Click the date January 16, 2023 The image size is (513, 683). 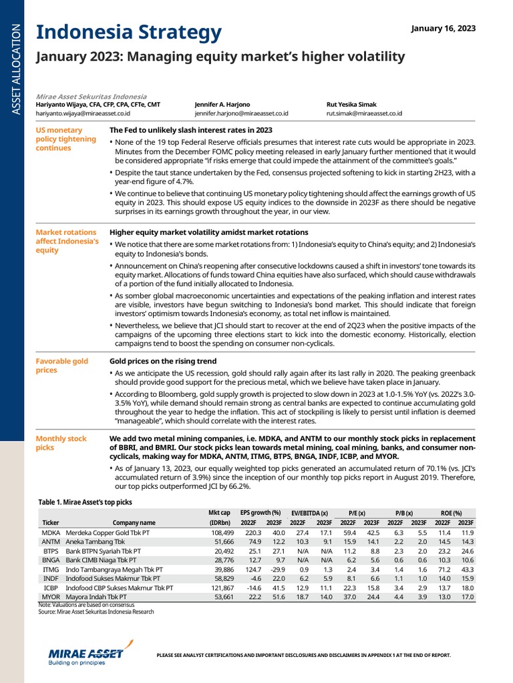coord(443,28)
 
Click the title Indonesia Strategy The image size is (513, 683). coord(128,31)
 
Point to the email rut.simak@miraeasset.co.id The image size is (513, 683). coord(364,114)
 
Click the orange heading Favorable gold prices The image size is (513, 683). coord(61,365)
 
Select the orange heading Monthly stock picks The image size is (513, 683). coord(61,443)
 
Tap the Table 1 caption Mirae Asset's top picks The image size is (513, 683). coord(85,501)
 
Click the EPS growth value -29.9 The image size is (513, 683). coord(273,570)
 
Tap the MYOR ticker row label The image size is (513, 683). coord(51,597)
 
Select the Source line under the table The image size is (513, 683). coord(96,611)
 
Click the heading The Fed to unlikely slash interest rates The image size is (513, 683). coord(190,130)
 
